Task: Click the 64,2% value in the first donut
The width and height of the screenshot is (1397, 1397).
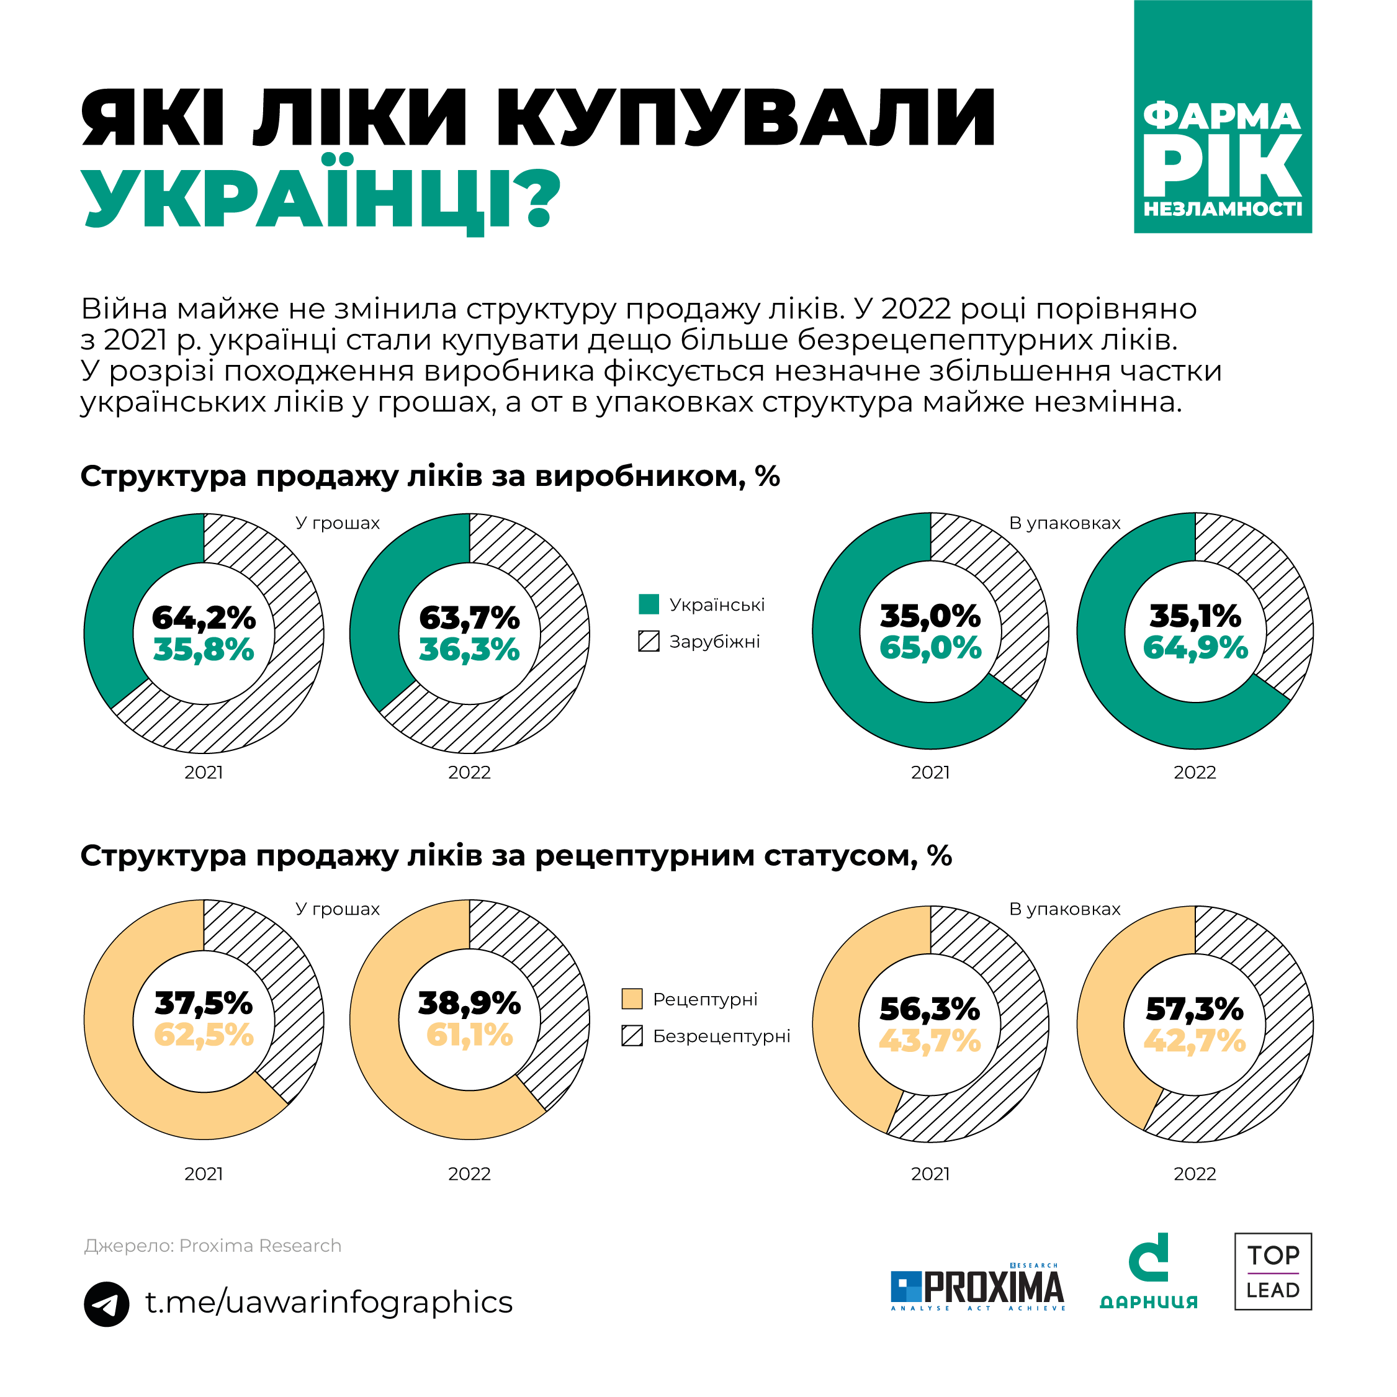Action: point(204,618)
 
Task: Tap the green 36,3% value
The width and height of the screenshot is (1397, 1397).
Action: point(469,649)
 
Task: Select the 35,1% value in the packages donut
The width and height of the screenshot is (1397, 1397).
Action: point(1195,616)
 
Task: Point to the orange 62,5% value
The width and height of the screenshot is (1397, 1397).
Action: point(204,1035)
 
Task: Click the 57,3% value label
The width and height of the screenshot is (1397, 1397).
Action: point(1195,1008)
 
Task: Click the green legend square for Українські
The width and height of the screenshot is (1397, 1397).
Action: point(649,604)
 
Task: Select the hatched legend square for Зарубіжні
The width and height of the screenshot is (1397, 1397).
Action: point(649,641)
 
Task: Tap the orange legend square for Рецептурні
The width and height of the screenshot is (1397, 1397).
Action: point(632,999)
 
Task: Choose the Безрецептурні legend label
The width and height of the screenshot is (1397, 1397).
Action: point(721,1036)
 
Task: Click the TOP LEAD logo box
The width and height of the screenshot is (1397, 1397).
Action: point(1273,1282)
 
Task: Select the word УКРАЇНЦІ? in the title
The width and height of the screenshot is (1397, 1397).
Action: point(321,197)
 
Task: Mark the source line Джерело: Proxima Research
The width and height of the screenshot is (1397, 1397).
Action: point(213,1246)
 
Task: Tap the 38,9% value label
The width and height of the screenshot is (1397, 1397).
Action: point(469,1003)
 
